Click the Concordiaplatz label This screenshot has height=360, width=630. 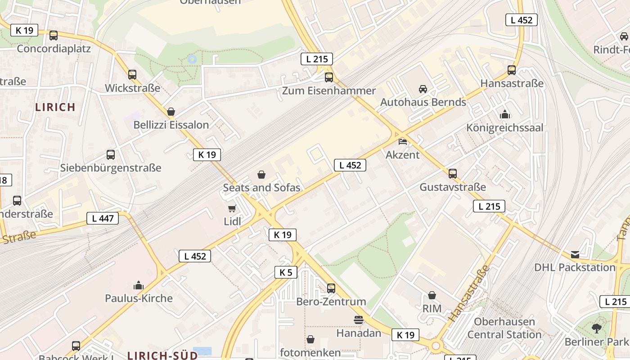[54, 49]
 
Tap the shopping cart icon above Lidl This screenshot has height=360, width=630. [232, 209]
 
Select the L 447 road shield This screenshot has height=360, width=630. [103, 219]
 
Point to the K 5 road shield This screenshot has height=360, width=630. [286, 272]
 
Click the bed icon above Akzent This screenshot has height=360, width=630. [403, 142]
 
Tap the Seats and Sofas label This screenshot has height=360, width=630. [261, 188]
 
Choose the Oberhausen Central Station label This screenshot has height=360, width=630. [504, 328]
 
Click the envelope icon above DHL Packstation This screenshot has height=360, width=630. [575, 255]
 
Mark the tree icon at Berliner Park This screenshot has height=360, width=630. [597, 328]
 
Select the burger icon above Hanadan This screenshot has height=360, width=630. [359, 320]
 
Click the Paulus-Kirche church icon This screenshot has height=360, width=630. [139, 285]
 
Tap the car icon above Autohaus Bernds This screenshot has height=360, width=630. [423, 89]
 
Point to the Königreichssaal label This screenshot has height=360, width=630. [504, 128]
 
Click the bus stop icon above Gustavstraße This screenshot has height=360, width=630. [453, 174]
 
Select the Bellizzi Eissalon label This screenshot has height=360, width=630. [171, 125]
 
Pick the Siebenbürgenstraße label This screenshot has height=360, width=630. [111, 168]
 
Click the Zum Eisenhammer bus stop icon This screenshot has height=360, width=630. [329, 77]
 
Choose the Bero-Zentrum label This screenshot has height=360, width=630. [331, 301]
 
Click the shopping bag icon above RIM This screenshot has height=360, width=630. [432, 296]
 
